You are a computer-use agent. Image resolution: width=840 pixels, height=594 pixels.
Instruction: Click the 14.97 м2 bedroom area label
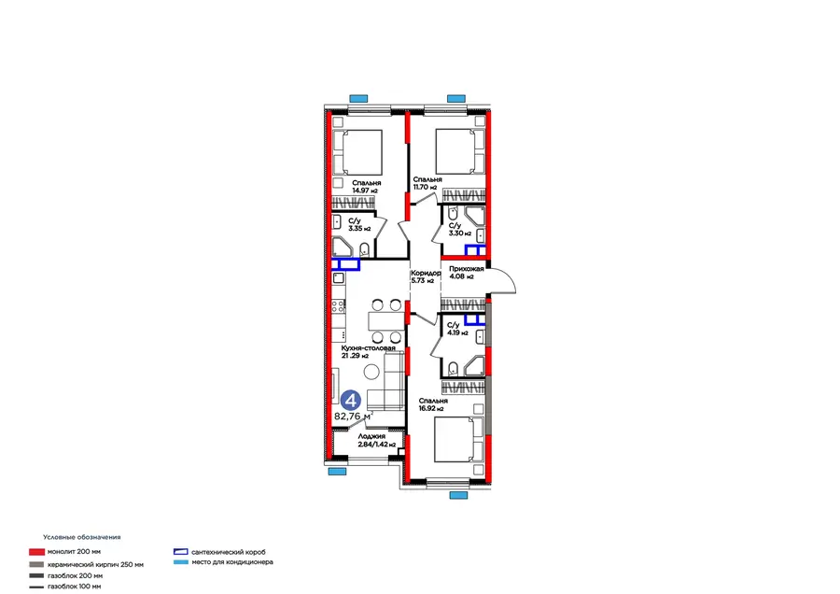click(365, 187)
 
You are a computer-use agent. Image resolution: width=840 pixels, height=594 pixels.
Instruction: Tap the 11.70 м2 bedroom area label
click(427, 183)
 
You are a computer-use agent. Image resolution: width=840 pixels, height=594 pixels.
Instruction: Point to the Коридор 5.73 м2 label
click(426, 276)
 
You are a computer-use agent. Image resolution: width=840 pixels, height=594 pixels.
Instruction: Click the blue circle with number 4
click(351, 399)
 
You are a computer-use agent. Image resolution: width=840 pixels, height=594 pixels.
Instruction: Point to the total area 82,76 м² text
click(354, 417)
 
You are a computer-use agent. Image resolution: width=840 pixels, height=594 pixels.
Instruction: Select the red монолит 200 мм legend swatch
click(36, 553)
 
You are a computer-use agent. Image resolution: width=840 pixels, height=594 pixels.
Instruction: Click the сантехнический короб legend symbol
click(181, 553)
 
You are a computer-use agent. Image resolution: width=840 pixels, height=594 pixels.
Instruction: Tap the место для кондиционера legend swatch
click(181, 563)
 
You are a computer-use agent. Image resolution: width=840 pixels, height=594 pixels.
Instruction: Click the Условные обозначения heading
click(82, 538)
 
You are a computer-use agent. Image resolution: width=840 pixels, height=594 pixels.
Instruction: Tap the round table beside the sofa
click(371, 373)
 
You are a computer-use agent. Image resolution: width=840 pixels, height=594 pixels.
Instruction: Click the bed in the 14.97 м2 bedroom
click(357, 148)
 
